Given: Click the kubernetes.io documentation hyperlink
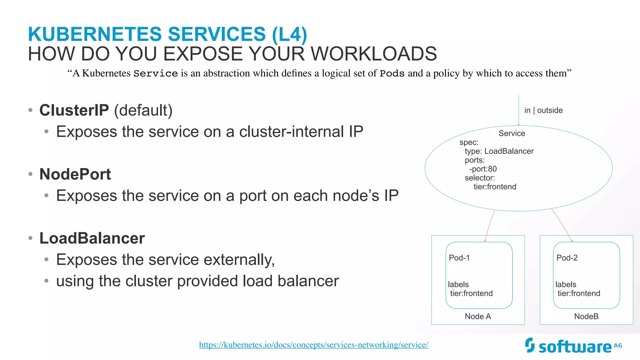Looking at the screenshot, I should click(x=313, y=345).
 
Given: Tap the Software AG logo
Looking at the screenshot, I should click(x=573, y=346).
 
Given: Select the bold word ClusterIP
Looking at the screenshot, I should click(x=74, y=110).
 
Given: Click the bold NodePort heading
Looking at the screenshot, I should click(x=75, y=174).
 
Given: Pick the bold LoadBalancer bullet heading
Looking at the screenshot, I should click(x=92, y=238).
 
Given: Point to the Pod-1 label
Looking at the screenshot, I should click(x=459, y=258).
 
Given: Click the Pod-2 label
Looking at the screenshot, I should click(x=567, y=258).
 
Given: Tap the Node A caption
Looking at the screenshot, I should click(x=478, y=316).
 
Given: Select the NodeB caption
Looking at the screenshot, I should click(x=586, y=316).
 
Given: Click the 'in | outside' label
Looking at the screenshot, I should click(x=543, y=110).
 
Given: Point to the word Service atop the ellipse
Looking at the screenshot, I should click(x=512, y=133).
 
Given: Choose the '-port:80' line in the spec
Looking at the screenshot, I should click(x=483, y=169).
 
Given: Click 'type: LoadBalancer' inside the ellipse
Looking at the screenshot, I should click(x=499, y=151).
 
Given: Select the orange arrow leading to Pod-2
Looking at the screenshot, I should click(x=562, y=225).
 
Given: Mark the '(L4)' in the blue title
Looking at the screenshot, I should click(x=289, y=34).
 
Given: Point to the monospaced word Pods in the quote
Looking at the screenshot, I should click(x=392, y=73).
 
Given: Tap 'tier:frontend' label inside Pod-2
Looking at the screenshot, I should click(x=579, y=293).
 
